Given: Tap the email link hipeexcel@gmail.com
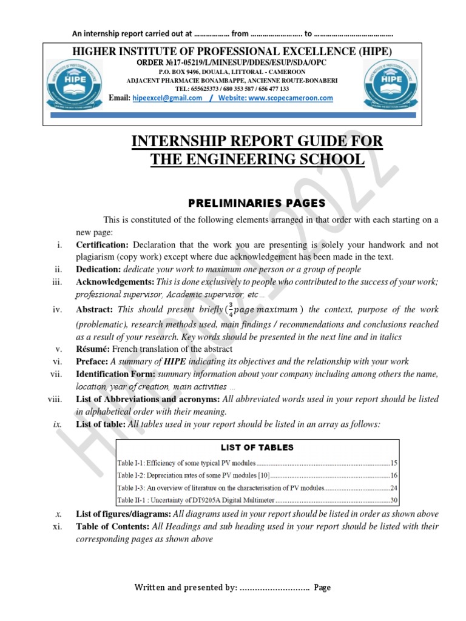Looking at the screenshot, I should point(167,98).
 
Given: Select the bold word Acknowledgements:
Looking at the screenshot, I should point(115,281).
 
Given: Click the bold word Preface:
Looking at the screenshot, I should point(92,361).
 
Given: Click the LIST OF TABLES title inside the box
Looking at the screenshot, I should point(257,448).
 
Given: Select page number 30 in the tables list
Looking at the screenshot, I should point(394,500).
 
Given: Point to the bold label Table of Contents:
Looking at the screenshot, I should point(112,526).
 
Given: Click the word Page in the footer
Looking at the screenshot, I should point(322,587).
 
